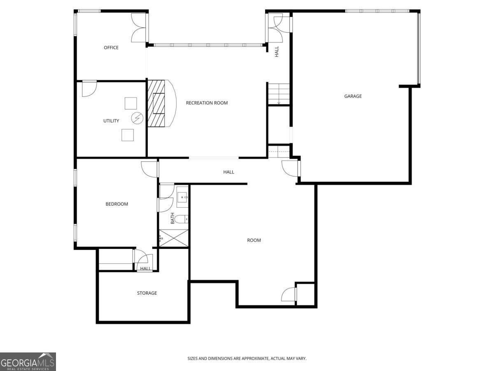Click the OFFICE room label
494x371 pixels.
coord(111,48)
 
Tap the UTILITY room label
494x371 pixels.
coord(111,121)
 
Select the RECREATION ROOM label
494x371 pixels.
coord(207,103)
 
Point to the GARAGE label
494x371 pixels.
coord(353,96)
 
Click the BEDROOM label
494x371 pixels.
coord(117,204)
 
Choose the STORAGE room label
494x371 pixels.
coord(147,293)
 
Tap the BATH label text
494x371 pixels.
coord(172,218)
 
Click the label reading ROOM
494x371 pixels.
coord(254,240)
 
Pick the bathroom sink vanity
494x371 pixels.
coord(182,197)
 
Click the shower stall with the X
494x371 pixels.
coord(173,238)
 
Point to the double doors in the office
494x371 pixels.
coord(139,28)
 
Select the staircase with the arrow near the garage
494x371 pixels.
coord(279,94)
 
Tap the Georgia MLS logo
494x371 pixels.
coord(28,362)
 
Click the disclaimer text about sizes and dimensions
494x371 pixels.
coord(247,359)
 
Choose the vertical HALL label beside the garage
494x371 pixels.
coord(277,52)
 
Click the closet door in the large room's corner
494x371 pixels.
coord(289,294)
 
